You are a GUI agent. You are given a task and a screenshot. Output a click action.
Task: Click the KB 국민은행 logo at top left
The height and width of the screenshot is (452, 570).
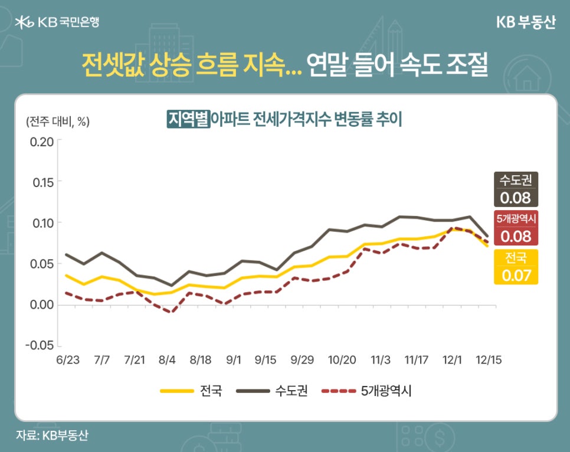click(x=57, y=22)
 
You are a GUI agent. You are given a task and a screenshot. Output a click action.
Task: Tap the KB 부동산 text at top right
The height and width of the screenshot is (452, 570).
click(x=526, y=22)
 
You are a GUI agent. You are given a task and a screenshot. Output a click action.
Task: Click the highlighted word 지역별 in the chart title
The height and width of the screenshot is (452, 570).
click(x=188, y=120)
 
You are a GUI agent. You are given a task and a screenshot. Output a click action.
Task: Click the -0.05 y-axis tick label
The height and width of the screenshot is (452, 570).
click(x=40, y=345)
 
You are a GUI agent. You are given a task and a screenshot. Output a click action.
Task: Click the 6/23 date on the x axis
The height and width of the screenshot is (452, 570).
click(x=67, y=359)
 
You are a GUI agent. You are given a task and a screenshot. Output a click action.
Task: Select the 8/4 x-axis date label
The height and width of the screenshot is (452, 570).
click(x=168, y=359)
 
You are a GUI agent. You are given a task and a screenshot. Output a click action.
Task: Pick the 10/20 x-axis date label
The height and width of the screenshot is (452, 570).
click(x=341, y=359)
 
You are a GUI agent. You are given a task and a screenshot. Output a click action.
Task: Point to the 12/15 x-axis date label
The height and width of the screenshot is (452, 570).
click(x=489, y=359)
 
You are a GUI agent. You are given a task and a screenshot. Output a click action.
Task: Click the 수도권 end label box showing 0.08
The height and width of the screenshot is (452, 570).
click(x=516, y=189)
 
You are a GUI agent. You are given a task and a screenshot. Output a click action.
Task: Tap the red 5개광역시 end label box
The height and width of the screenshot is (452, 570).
click(x=516, y=228)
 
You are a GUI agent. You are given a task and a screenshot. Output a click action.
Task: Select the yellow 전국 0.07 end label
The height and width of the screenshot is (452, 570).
click(x=516, y=267)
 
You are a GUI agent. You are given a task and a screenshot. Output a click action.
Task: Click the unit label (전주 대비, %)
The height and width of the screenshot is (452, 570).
click(x=57, y=122)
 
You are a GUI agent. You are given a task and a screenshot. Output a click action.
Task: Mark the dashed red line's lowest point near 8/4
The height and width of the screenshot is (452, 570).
click(x=171, y=312)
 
